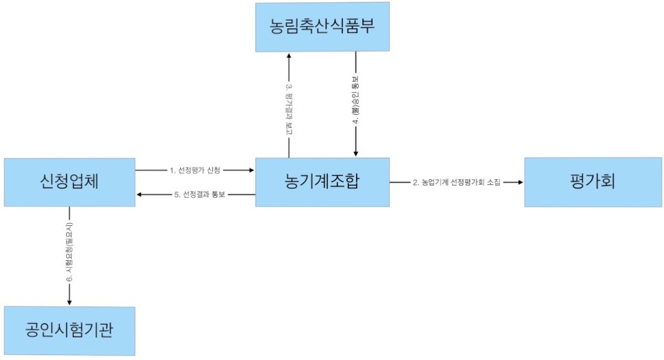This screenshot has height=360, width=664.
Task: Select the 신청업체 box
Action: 69,182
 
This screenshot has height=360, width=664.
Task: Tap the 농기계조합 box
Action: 322,182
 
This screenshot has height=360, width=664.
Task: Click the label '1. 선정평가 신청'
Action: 196,169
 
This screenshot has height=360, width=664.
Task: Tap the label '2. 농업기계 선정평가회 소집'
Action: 456,182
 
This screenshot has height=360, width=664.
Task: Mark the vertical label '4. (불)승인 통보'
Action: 355,103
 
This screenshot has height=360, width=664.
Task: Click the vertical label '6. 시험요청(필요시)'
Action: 69,252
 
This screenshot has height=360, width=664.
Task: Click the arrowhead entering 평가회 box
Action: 520,182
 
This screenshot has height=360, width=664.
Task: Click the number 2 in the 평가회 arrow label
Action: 414,182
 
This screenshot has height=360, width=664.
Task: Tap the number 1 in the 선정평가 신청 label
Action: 171,169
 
